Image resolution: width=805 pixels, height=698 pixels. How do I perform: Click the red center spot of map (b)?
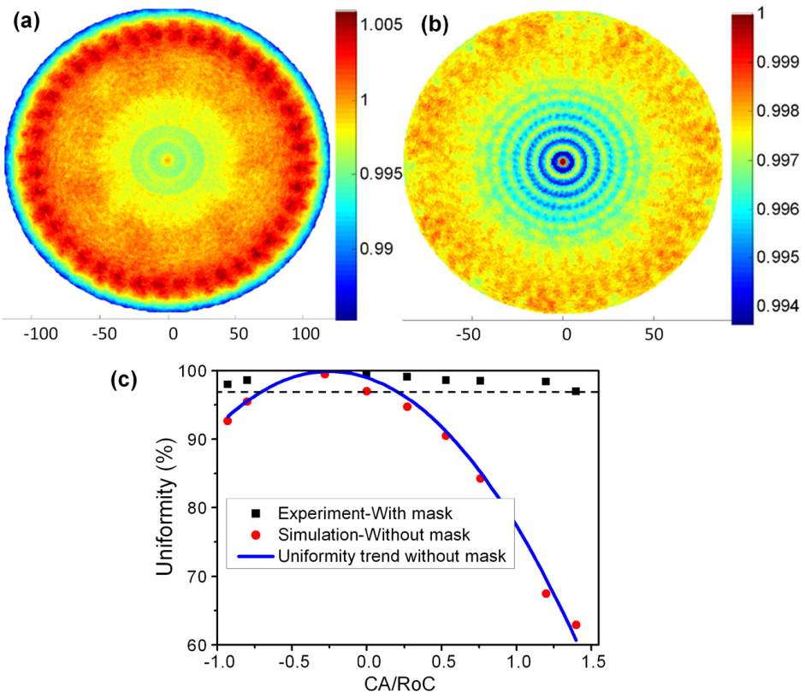click(x=563, y=161)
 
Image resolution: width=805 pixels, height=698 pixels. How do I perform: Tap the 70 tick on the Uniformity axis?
click(x=198, y=577)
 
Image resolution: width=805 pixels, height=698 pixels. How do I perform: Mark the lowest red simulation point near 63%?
click(x=576, y=624)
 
